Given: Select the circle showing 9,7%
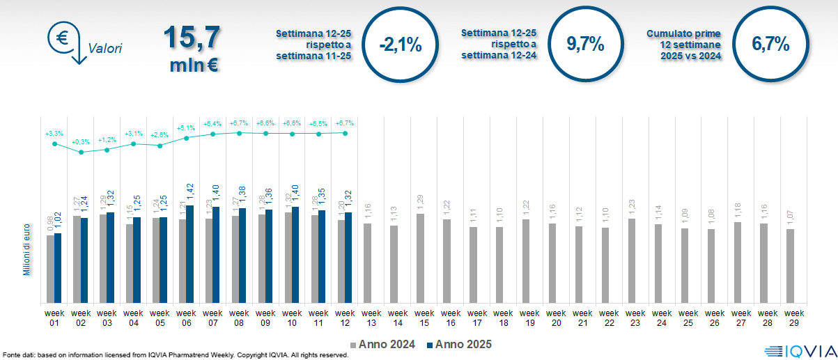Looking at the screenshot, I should (584, 45).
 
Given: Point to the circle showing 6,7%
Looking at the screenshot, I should (770, 45).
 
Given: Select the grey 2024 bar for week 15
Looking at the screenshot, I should (420, 258).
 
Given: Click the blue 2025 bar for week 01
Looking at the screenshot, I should (58, 268).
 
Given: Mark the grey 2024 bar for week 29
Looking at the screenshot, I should (790, 266).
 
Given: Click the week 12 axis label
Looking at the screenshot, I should (344, 318).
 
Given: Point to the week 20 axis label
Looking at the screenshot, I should (555, 318).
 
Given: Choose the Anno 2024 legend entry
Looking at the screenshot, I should (387, 345).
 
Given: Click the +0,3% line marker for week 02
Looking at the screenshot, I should (81, 152).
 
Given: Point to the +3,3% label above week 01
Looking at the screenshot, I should (54, 133).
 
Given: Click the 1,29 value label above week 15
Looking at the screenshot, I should (421, 203).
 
